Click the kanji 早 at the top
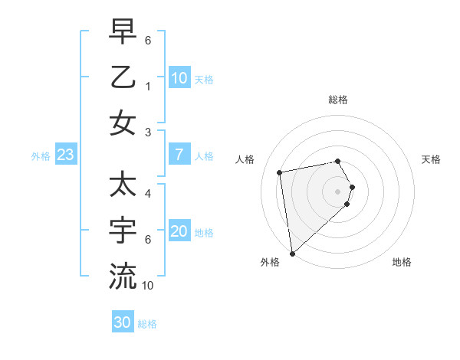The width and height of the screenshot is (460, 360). pos(123,33)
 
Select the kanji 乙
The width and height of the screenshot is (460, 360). pos(123,78)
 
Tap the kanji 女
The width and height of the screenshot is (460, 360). pos(123,124)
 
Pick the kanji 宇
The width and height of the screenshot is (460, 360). pos(123,229)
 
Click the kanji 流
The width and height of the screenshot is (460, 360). pos(123,275)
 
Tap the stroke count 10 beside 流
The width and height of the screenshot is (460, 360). pos(148,286)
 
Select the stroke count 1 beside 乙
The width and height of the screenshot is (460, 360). pos(147,87)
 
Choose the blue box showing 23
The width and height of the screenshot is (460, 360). pos(65,155)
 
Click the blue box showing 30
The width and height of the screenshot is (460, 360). pos(122,322)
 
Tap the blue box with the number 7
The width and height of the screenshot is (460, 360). pos(179,155)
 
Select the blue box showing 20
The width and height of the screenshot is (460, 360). pos(179,231)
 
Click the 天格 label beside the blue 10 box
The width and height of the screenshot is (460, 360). pos(204,79)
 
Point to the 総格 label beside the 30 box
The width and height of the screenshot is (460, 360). pos(147,324)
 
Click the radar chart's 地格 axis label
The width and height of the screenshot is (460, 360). pos(402,263)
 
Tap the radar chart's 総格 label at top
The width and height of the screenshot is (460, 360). pos(338,100)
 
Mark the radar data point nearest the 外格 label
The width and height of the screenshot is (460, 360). pos(292,254)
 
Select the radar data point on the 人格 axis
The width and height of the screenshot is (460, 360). pos(280,172)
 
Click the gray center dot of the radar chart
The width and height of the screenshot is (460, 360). pos(338,191)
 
